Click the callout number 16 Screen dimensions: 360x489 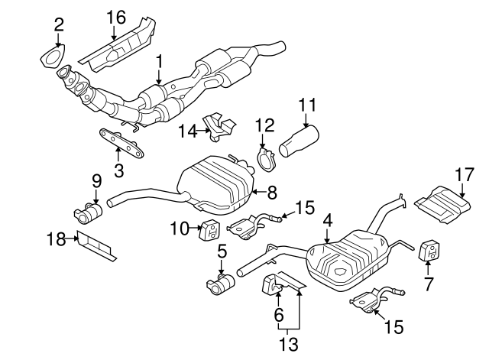115,16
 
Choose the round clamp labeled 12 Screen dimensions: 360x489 265,161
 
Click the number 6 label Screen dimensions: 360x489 278,314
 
